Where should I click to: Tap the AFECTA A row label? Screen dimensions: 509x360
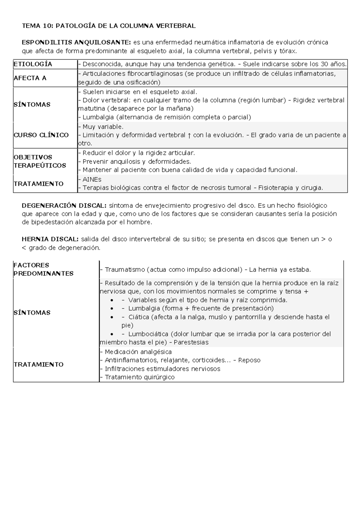[30, 78]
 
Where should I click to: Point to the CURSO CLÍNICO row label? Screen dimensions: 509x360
[41, 135]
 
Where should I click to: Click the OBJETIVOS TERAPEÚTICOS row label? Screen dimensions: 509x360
[40, 161]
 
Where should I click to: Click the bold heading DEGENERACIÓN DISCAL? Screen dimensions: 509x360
[64, 206]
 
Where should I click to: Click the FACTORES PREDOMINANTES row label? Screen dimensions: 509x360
[43, 269]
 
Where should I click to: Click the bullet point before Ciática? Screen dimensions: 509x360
[112, 317]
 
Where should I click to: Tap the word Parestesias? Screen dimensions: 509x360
[191, 342]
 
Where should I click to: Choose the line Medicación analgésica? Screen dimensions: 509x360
[138, 352]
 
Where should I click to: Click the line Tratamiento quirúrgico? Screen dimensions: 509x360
[139, 377]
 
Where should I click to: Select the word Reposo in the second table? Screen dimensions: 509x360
[249, 360]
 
